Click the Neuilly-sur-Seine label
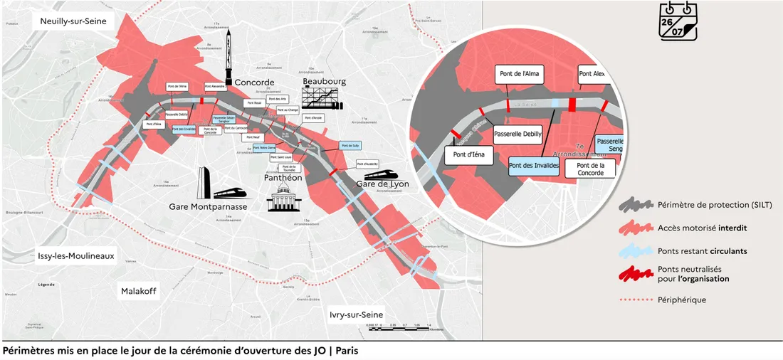pyautogui.click(x=73, y=21)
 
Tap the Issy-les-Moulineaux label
pyautogui.click(x=76, y=256)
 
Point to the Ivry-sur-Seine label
pyautogui.click(x=356, y=314)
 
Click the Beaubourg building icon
pyautogui.click(x=324, y=100)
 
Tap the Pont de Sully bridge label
pyautogui.click(x=351, y=146)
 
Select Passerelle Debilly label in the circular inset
pyautogui.click(x=522, y=134)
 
